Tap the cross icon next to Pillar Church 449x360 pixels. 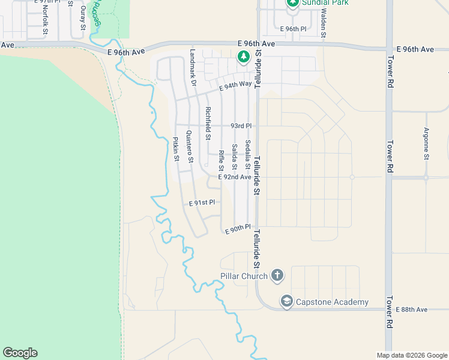[x=277, y=275]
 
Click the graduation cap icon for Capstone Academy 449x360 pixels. [x=286, y=301]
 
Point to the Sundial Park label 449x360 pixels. [x=326, y=3]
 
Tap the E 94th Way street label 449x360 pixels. [x=235, y=85]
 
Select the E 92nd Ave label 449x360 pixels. [x=235, y=177]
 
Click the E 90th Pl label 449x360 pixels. [x=237, y=229]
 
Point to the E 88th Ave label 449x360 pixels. [x=412, y=309]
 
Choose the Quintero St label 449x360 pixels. [x=190, y=147]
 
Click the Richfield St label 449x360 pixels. [x=208, y=124]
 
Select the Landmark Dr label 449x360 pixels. [x=193, y=67]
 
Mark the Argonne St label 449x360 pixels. [x=426, y=143]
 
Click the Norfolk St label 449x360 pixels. [x=46, y=20]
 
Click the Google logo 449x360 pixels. [x=20, y=353]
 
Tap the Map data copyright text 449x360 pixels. [x=411, y=355]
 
